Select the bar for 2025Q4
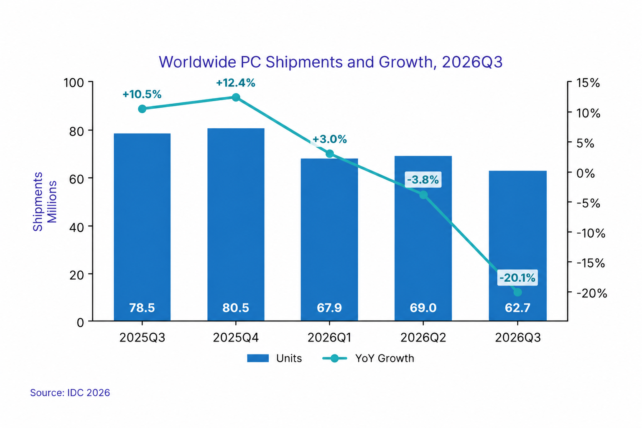[236, 224]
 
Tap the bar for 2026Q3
[517, 246]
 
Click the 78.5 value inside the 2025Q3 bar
[142, 308]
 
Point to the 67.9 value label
[329, 308]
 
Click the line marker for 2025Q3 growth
[142, 109]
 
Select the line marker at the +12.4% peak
[236, 97]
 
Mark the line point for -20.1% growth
[517, 293]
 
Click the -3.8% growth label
[423, 180]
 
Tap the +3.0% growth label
[330, 139]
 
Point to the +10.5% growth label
[142, 94]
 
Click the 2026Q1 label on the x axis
[329, 338]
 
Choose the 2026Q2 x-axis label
[423, 338]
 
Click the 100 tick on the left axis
[74, 83]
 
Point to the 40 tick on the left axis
[76, 227]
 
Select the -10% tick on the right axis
[591, 233]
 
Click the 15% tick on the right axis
[588, 83]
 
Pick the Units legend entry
[274, 358]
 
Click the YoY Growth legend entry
[368, 358]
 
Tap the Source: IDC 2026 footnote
[70, 392]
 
